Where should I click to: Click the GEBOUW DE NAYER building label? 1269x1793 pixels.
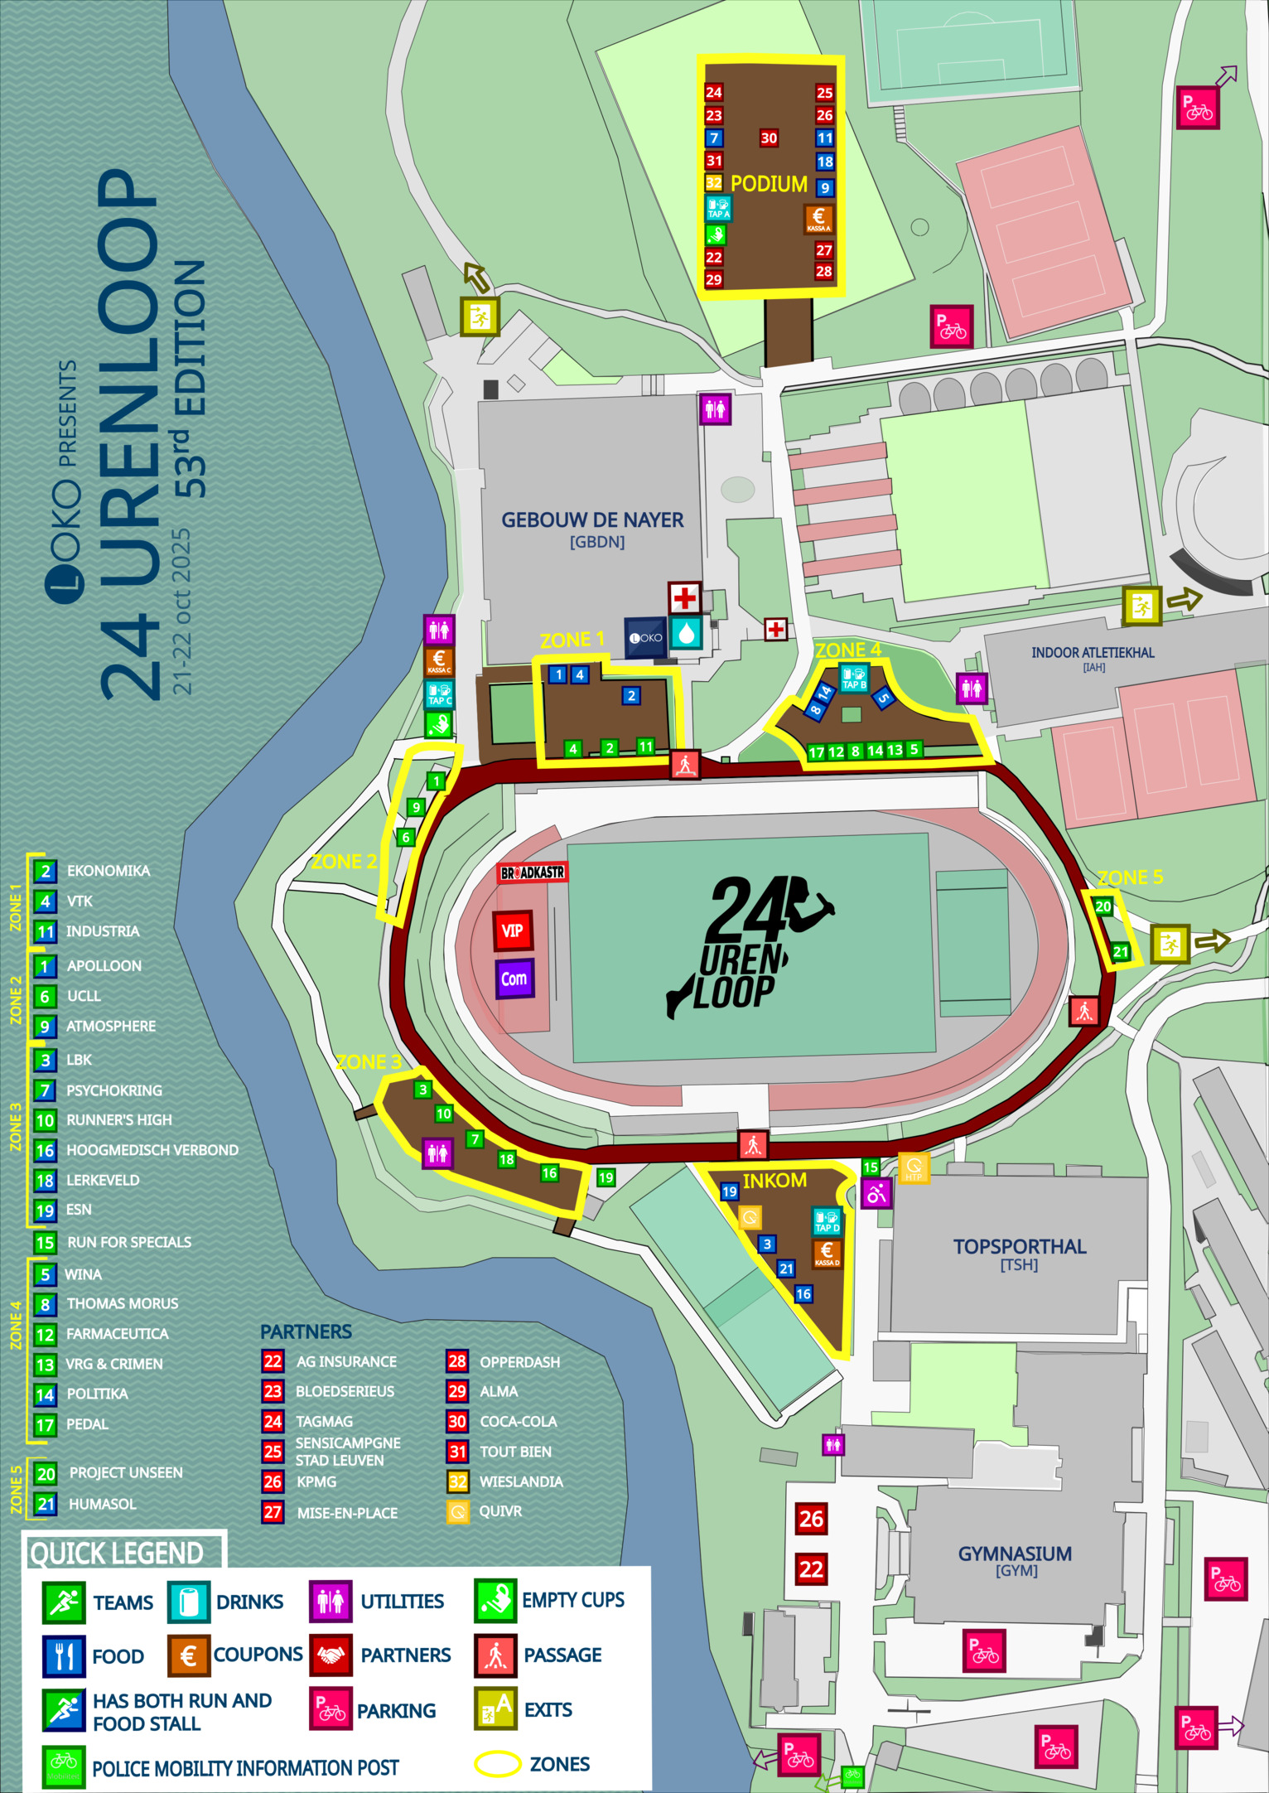coord(592,520)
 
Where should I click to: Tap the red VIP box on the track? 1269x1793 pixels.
coord(512,930)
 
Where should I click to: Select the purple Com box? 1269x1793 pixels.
coord(514,979)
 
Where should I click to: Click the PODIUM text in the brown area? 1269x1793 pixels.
coord(768,184)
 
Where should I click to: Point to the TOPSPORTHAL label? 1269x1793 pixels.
coord(1019,1247)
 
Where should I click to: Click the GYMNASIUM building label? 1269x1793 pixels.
coord(1015,1554)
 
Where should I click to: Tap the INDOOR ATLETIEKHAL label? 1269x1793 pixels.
coord(1092,653)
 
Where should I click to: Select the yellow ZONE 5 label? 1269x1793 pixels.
coord(1130,877)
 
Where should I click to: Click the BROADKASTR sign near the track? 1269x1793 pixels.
coord(532,872)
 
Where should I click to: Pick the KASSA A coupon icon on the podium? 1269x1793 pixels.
coord(818,220)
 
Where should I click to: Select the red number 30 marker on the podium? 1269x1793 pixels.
coord(769,138)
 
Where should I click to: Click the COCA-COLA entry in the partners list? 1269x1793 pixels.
coord(518,1422)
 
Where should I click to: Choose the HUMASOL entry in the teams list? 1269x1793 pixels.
coord(102,1504)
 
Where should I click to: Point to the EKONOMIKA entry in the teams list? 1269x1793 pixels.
coord(108,871)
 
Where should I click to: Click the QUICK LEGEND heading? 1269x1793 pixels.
coord(116,1553)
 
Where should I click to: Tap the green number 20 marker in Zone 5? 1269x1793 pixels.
coord(1103,906)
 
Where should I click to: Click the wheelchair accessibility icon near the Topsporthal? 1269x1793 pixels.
coord(876,1193)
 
